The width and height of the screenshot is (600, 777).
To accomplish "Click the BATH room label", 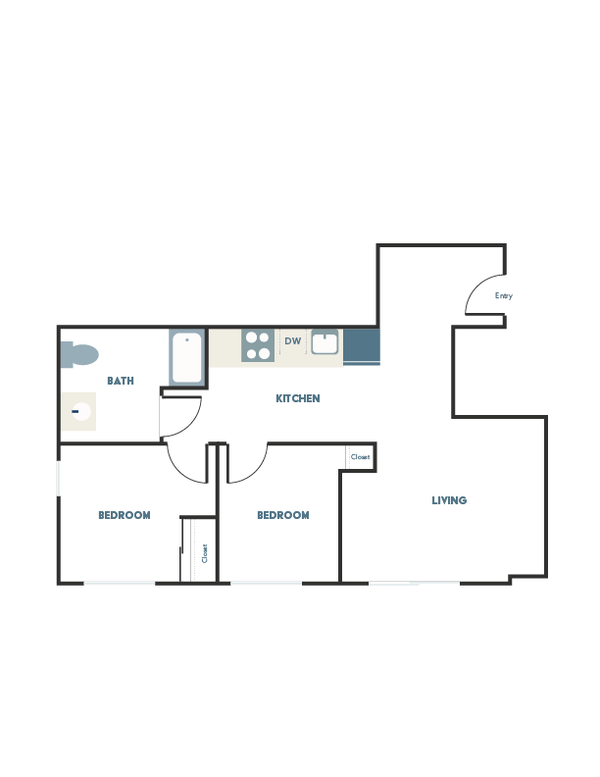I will click(121, 381).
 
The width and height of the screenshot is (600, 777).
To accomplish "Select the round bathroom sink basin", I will click(78, 412).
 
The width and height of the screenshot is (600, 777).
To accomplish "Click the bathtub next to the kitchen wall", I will click(186, 359).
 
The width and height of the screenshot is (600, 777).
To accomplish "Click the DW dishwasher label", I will click(292, 341).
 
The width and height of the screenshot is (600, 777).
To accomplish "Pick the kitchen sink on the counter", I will click(325, 343).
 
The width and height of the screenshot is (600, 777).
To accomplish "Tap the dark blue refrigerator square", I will click(362, 347).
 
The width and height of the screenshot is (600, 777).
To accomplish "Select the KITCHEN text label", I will click(297, 398).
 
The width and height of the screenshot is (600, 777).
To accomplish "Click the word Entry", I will click(504, 295).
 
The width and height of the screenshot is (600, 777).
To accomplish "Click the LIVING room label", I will click(450, 500).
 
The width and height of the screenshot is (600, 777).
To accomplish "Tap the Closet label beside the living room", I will click(360, 457).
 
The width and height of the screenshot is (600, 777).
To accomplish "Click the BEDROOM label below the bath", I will click(124, 515).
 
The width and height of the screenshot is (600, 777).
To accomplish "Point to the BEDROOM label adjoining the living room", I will click(282, 515).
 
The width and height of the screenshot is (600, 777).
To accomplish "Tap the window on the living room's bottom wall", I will click(414, 585).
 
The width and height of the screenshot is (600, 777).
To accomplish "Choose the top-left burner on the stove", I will click(251, 338).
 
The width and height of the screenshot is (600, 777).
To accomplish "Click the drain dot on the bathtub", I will click(186, 340).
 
